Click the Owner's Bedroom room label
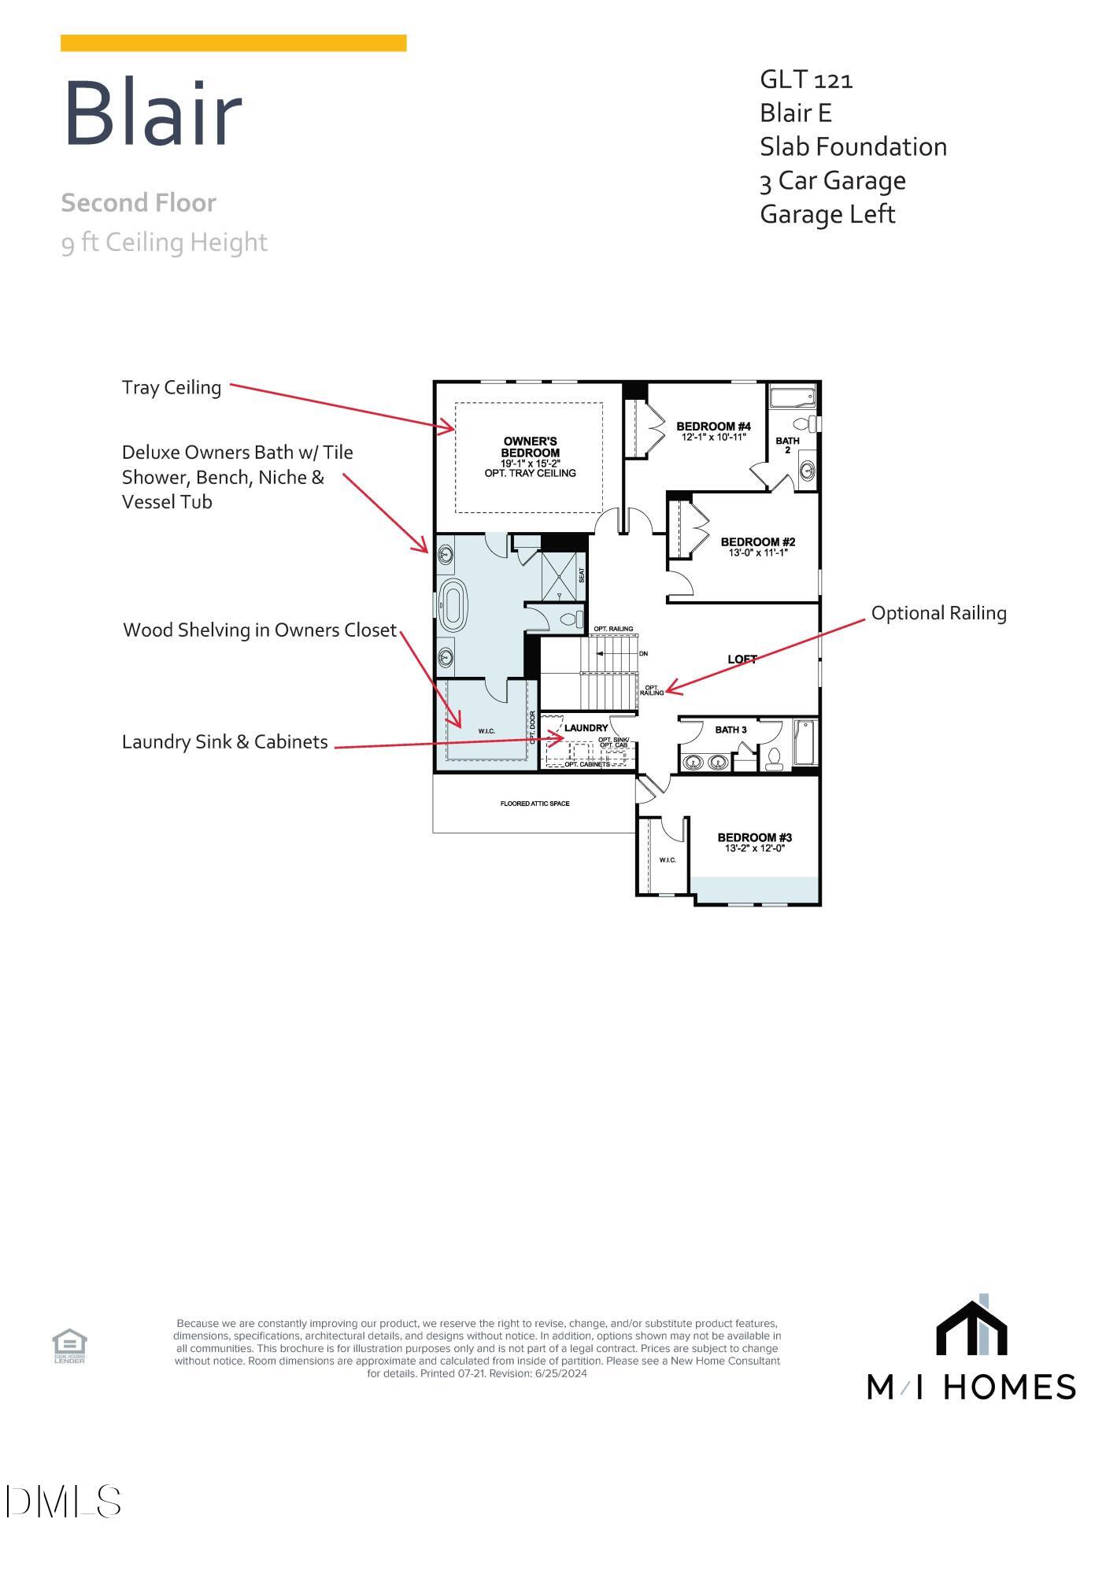coord(530,447)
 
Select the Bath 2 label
coord(787,445)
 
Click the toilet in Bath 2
coord(805,423)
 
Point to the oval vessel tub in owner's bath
coord(453,605)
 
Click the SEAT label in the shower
coord(582,575)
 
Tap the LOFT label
coord(742,660)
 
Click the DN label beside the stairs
coord(643,654)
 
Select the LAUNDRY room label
coord(586,728)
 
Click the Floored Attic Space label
coord(535,804)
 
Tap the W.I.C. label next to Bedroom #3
coord(667,859)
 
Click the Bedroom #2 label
coord(757,542)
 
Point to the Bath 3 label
coord(731,730)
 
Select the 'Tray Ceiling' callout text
coord(172,387)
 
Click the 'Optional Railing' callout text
coord(938,613)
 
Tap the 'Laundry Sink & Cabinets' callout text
coord(224,742)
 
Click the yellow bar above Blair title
coord(233,43)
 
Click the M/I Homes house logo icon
coord(971,1329)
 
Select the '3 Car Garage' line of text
coord(832,181)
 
